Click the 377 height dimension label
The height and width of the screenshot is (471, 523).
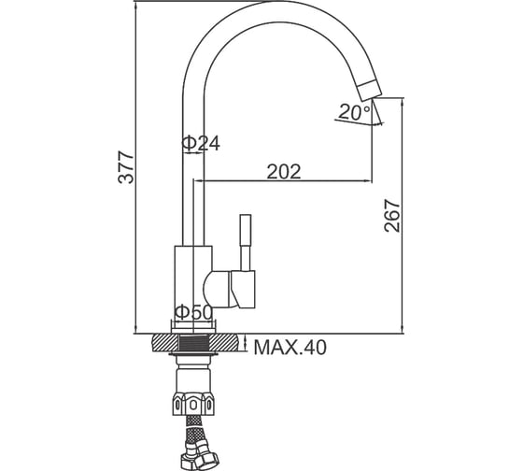coord(126,167)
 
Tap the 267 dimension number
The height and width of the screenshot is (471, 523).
coord(391,216)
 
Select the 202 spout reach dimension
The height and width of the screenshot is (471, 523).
coord(284,172)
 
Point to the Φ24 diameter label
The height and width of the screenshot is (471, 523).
coord(201,144)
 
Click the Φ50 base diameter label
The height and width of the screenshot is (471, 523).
coord(193,312)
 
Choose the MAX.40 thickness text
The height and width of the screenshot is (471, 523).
coord(290,348)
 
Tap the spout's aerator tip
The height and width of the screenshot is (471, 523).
coord(369,90)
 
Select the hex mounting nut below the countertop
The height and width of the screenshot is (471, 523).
coord(193,404)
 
